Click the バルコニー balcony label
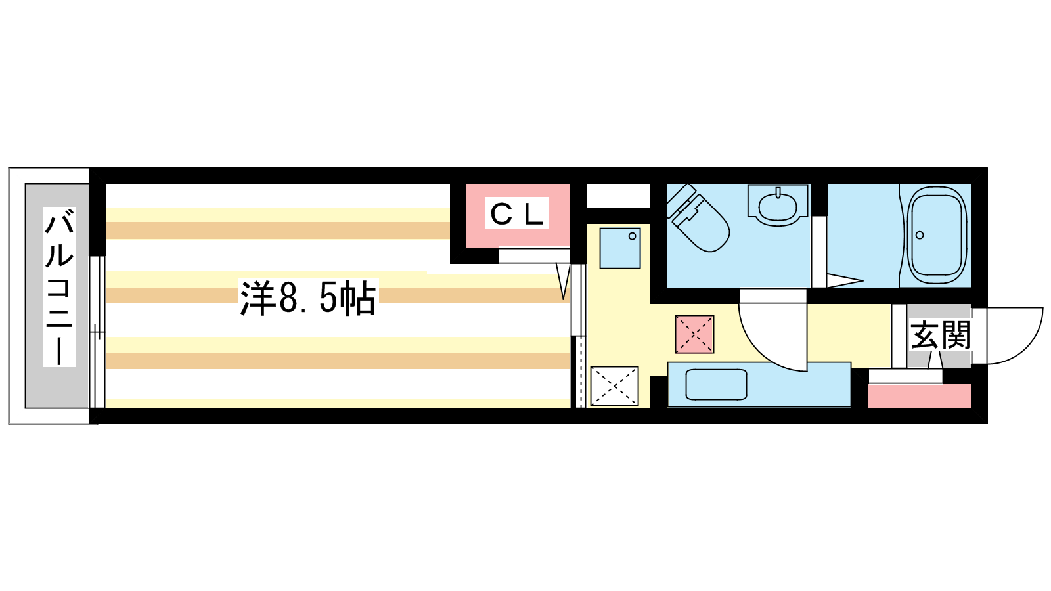(x=59, y=286)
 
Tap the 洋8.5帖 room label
(x=307, y=298)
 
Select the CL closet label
(x=517, y=213)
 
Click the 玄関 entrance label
(x=940, y=336)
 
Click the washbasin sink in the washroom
(x=778, y=205)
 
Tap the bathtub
(x=936, y=235)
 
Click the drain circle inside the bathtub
(x=920, y=235)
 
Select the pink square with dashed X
(x=694, y=334)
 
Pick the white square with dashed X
(x=614, y=386)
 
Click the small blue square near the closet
(x=620, y=248)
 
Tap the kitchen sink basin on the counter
(x=716, y=385)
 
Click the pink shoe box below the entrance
(x=918, y=396)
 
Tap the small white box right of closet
(x=617, y=196)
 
